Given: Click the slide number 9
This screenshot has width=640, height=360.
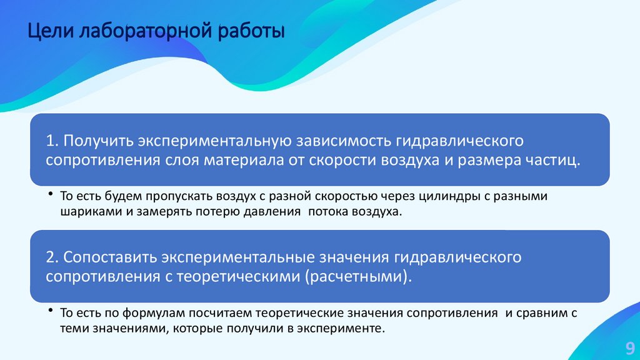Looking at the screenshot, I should coord(629,347).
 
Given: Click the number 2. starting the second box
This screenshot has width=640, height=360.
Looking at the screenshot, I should coord(52,257).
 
